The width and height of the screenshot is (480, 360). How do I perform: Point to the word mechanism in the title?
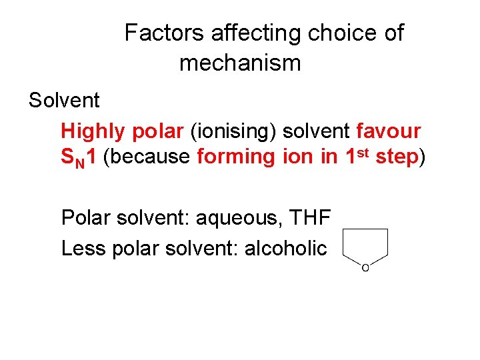[x=240, y=63]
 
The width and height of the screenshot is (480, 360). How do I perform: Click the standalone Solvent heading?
[x=64, y=101]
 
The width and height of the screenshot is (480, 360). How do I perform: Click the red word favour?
[x=389, y=131]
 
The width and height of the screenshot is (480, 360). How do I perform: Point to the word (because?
[x=149, y=157]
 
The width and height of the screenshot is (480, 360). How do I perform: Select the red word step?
[x=397, y=157]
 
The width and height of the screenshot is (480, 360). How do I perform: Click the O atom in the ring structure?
[x=365, y=267]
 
